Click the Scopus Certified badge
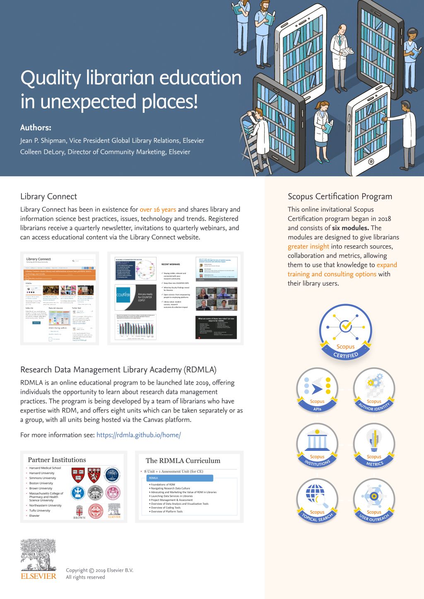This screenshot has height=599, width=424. [x=345, y=331]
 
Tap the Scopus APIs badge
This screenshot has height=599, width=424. [x=317, y=390]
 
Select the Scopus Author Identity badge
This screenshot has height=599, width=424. [x=374, y=390]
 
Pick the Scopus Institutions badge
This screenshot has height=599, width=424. [x=317, y=445]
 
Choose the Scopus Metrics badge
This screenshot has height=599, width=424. [x=374, y=445]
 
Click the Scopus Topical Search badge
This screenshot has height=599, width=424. [x=317, y=501]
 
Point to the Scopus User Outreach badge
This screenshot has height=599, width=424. [x=374, y=501]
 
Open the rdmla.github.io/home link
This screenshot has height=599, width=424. [x=138, y=435]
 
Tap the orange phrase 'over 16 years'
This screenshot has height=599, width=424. [x=158, y=209]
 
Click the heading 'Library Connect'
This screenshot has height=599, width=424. [x=48, y=196]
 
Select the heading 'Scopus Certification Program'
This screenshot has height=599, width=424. [x=340, y=196]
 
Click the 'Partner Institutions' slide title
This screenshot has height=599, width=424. [x=57, y=460]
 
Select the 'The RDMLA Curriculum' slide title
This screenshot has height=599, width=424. [x=183, y=461]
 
